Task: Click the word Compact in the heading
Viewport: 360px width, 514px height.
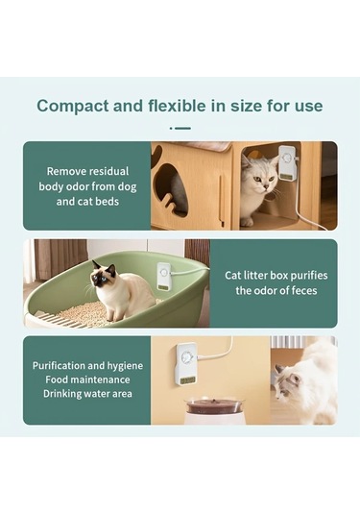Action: [73, 107]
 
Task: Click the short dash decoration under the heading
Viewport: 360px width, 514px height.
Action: [180, 128]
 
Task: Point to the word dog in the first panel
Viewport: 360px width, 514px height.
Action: [127, 186]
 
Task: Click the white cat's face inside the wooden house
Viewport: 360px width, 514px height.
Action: [263, 178]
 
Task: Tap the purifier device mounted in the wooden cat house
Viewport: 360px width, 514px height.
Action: [287, 163]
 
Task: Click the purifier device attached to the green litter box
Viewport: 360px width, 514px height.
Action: [163, 277]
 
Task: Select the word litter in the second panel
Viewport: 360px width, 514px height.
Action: [260, 275]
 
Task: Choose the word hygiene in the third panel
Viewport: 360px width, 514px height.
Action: [125, 366]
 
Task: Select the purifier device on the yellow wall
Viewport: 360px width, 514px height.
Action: [186, 364]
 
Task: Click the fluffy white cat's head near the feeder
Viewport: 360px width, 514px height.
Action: [287, 380]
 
